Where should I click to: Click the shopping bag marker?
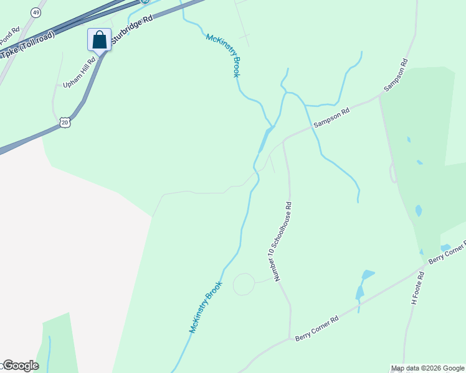pos(99,40)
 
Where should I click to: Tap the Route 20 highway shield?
pos(65,123)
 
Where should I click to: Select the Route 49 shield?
pos(36,12)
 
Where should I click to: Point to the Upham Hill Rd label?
pos(79,73)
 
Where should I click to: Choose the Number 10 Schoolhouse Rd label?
pos(280,240)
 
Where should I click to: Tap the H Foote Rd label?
pos(417,288)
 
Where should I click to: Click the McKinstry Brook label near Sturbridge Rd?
pos(222,55)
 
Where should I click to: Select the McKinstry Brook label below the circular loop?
pos(206,307)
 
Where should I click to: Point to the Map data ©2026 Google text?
pos(427,368)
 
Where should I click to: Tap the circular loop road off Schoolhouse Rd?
pos(244,284)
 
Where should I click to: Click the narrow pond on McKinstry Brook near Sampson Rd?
pos(265,139)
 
